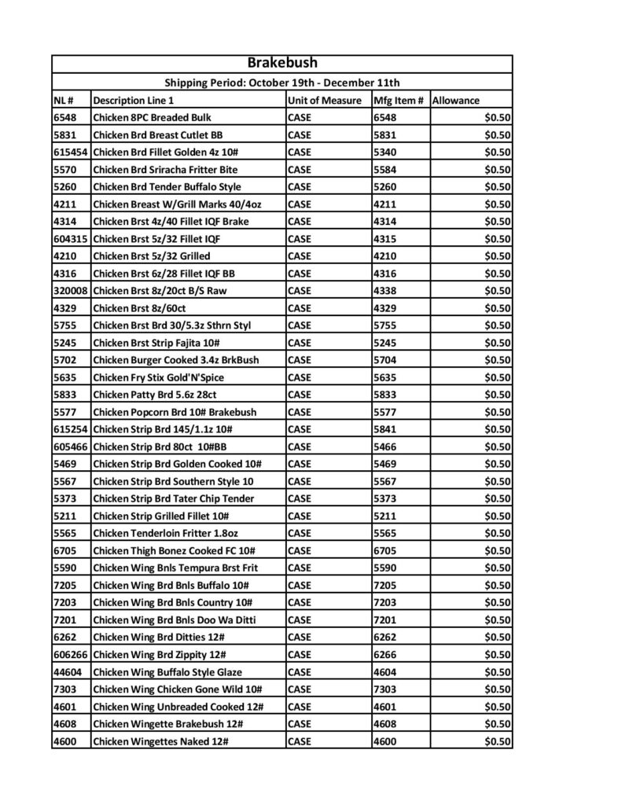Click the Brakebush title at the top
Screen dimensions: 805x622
point(282,63)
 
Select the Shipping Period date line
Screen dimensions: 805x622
point(282,83)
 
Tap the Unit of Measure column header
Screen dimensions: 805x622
point(324,101)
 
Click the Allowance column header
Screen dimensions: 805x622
point(456,101)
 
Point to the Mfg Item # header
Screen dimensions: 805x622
point(399,101)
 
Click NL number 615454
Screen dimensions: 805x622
point(70,153)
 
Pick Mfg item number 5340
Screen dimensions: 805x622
point(385,153)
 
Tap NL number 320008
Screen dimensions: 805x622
point(70,291)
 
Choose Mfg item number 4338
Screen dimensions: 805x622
point(385,291)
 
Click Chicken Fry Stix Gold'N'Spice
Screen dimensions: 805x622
point(159,377)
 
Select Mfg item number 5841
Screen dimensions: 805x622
point(385,429)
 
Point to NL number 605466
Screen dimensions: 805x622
point(70,447)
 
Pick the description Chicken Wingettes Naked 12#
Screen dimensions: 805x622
point(161,741)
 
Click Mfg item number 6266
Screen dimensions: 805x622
point(385,654)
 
